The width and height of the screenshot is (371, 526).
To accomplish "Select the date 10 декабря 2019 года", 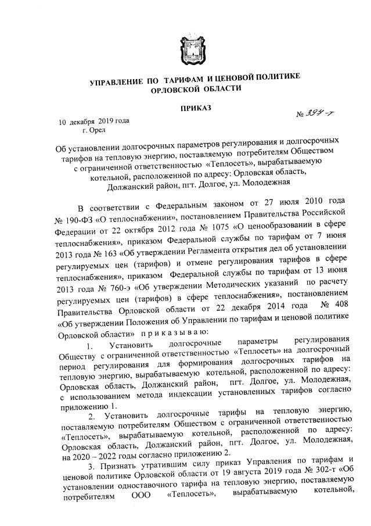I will point(93,121).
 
